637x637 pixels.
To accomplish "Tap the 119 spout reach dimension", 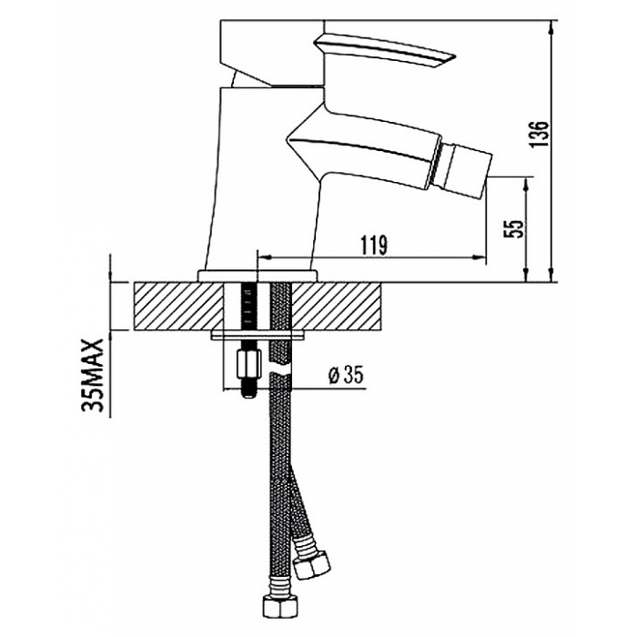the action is tap(374, 245).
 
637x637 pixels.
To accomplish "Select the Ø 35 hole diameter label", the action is tap(345, 375).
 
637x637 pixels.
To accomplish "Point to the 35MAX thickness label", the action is tap(93, 377).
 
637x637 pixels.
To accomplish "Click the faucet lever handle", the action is tap(386, 52).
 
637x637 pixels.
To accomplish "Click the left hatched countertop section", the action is tap(178, 306).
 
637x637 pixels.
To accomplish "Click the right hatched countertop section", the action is tap(337, 306).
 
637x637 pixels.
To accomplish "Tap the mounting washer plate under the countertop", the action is tap(258, 335).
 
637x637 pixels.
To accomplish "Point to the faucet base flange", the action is tap(258, 276).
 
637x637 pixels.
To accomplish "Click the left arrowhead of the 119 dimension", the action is tap(265, 257).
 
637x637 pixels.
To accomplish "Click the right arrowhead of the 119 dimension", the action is tap(480, 257).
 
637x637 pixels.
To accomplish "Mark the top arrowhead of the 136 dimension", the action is tap(551, 26).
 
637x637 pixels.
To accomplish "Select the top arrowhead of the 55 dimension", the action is tap(527, 184).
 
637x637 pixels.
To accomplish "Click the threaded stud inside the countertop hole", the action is tap(247, 308).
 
